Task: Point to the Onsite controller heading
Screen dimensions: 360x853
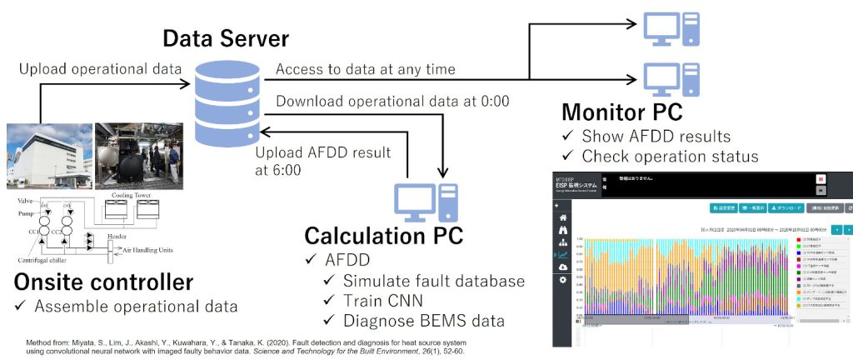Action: [x=104, y=281]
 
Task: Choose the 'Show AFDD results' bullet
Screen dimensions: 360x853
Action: [x=656, y=136]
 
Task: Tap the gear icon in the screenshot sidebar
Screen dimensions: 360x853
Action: [x=563, y=281]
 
